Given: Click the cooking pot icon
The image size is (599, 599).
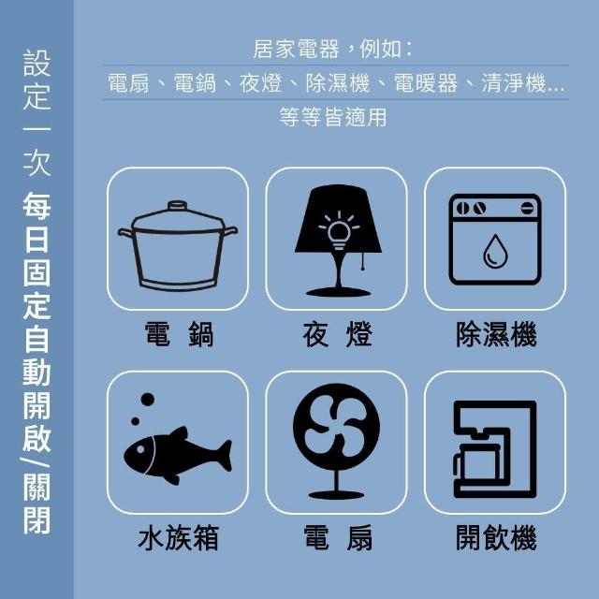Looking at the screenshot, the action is [178, 245].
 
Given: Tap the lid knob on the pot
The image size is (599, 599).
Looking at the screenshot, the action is [177, 205].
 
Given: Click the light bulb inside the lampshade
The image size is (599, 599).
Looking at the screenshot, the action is [339, 234].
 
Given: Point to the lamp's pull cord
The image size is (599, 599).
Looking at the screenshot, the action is [362, 260].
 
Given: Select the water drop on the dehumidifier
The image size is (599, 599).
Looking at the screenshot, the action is [495, 252].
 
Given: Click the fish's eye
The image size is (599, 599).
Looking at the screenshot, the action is [140, 449].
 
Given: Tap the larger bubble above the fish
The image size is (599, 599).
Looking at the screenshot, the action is [148, 400].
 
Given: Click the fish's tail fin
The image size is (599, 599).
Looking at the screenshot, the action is [225, 456].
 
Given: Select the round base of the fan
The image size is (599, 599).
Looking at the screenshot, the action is [336, 495].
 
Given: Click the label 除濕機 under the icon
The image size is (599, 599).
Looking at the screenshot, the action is [496, 335].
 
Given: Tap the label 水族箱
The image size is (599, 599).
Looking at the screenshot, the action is [178, 537].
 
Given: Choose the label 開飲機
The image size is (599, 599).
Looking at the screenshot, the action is [496, 537].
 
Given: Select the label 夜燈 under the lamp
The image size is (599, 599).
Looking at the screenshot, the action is [337, 335].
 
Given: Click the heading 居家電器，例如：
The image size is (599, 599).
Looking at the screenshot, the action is [332, 49].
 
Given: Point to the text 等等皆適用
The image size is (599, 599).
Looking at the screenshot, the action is [333, 116].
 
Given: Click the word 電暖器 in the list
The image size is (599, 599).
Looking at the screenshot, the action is [425, 83].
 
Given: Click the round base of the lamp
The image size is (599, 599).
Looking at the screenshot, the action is [338, 293].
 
